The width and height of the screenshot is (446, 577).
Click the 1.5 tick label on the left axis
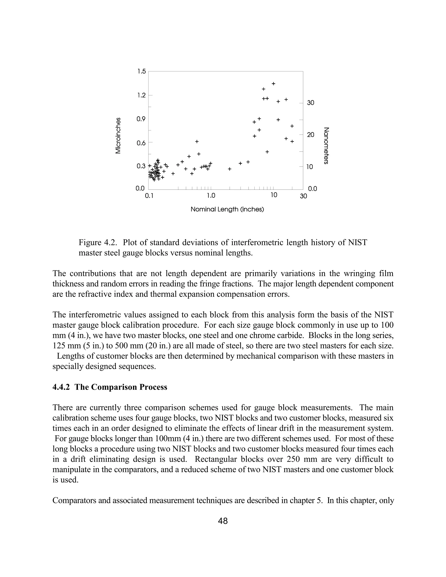(141, 72)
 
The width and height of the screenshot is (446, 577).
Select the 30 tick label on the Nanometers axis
(311, 103)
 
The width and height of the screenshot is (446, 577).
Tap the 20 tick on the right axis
(311, 135)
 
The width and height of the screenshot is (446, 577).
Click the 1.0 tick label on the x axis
(211, 196)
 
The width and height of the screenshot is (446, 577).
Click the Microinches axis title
(118, 135)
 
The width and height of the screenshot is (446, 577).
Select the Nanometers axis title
(326, 146)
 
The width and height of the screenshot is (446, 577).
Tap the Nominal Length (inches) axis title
(227, 209)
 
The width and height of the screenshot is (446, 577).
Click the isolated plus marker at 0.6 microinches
(197, 142)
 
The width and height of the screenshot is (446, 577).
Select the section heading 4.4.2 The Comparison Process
(110, 387)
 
